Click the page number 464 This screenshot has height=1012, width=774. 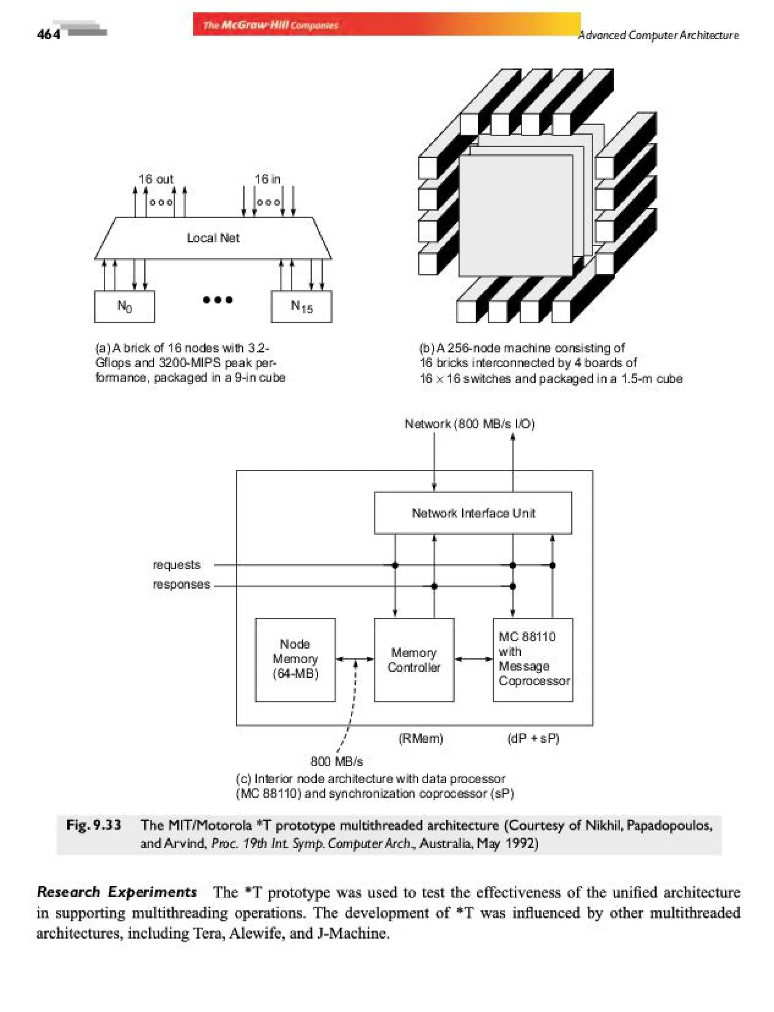[x=48, y=34]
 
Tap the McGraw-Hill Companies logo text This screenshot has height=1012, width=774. [x=271, y=25]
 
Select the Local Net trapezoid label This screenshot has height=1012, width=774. [x=213, y=238]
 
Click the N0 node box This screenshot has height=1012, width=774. [x=124, y=306]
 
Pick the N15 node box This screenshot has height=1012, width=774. [x=301, y=306]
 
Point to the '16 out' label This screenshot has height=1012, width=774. [x=156, y=179]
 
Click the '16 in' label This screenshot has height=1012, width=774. [x=267, y=179]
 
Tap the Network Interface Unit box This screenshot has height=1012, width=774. [x=473, y=513]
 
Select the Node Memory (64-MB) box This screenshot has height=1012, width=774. [x=295, y=659]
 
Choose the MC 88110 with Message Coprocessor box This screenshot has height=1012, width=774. [x=533, y=659]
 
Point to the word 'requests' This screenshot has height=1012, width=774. [x=176, y=565]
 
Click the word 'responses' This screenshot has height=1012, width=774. [x=181, y=585]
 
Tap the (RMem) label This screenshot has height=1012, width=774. [x=420, y=739]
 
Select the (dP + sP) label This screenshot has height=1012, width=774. [x=533, y=739]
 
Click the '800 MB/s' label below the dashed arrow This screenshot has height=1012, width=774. [x=336, y=761]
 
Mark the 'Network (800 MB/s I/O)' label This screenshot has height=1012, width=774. [x=469, y=424]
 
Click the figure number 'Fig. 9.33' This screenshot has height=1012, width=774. [x=94, y=825]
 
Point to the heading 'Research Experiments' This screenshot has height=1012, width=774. [x=116, y=892]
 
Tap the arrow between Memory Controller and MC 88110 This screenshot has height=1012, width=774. [x=474, y=659]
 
